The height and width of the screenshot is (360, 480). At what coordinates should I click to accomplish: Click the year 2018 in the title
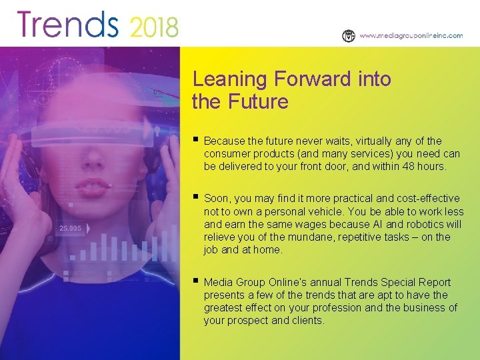coord(154,27)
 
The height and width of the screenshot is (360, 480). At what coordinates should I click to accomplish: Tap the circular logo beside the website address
coord(349,36)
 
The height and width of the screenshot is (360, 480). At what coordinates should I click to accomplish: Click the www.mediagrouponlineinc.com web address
coord(411,36)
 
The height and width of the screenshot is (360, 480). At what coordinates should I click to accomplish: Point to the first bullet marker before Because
coord(195,140)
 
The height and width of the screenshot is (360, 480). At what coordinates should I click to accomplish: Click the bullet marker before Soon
coord(195,197)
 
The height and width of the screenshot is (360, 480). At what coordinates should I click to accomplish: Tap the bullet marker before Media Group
coord(195,281)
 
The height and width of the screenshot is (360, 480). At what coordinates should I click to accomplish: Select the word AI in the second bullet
coord(397,224)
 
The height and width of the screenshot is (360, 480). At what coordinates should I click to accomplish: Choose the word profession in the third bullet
coord(366,308)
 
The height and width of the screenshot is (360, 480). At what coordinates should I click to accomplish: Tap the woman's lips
coord(95,185)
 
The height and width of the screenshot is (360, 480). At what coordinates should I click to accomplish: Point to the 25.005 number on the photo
coord(71,228)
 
